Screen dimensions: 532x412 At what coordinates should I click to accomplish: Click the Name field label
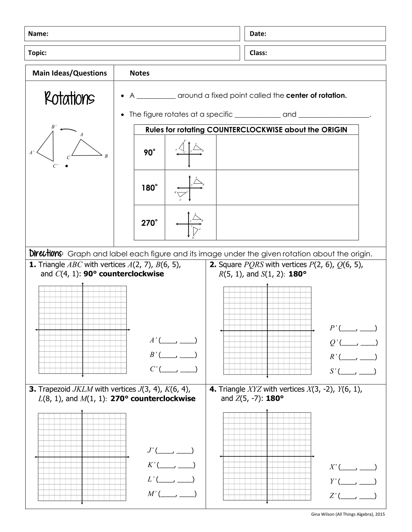coord(38,34)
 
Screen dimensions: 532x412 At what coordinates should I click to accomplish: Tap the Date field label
coord(258,34)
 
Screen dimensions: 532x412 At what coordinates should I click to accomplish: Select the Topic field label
coord(37,53)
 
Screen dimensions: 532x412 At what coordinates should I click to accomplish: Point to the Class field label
coord(258,53)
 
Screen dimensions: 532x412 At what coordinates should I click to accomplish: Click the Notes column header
coord(140,73)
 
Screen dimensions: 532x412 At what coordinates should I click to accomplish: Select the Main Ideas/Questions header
coord(69,73)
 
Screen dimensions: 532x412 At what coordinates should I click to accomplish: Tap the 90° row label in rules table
coord(149,153)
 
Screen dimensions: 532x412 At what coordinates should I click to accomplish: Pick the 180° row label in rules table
coord(149,188)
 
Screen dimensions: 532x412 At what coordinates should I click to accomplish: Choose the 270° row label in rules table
coord(149,223)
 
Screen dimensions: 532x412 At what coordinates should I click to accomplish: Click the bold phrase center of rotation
coord(316,95)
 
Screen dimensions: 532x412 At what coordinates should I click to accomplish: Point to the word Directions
coord(46,253)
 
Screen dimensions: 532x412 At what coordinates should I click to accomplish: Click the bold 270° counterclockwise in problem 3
coord(153,398)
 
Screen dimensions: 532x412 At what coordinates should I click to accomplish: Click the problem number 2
coord(213,265)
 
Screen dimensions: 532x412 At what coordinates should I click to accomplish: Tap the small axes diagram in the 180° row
coord(190,188)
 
